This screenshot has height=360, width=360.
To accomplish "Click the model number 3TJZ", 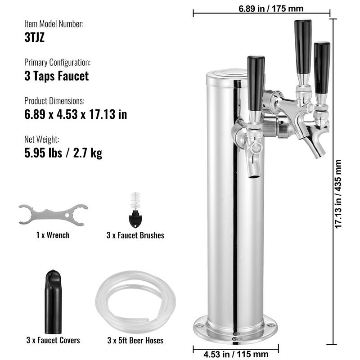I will (x=34, y=36).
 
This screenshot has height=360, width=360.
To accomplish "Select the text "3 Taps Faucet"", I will (x=56, y=76).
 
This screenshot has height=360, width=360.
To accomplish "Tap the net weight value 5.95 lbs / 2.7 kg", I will (x=63, y=153).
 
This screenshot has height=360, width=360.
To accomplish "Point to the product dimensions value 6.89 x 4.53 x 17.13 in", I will (x=75, y=114).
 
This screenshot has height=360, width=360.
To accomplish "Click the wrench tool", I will (x=53, y=214).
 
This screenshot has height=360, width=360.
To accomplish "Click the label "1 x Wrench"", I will (x=53, y=235).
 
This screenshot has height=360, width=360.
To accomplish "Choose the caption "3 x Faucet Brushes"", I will (x=135, y=235).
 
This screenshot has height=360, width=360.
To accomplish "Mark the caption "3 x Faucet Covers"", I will (x=53, y=340).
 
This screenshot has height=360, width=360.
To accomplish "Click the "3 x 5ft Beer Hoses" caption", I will (x=135, y=340).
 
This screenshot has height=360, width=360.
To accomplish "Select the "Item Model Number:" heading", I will (x=54, y=24).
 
